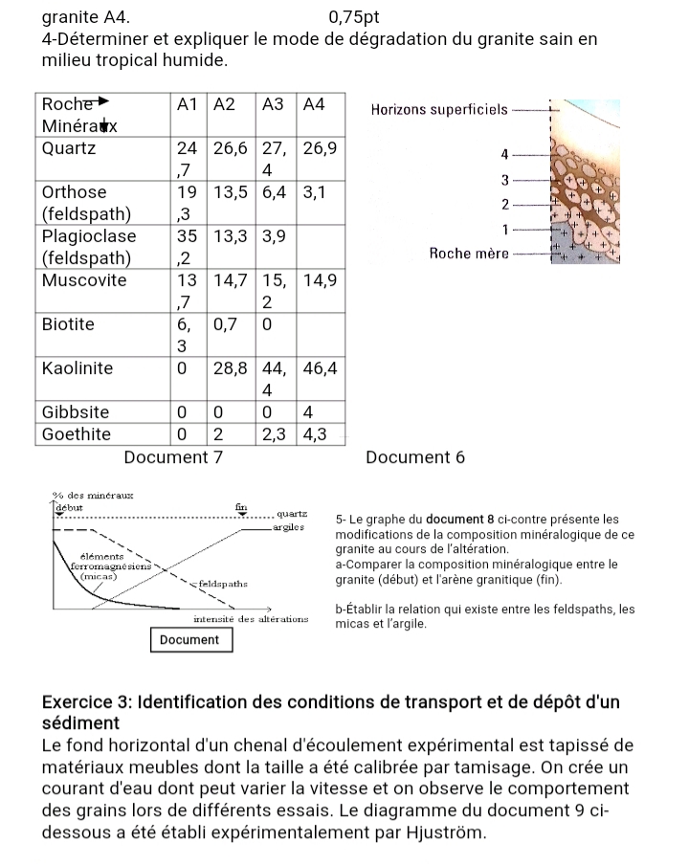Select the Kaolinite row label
78,367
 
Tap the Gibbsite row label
76,411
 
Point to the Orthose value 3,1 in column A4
316,191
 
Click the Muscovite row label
84,279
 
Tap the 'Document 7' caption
173,457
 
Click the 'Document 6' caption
415,457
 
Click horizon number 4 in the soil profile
504,153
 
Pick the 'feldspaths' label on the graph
224,582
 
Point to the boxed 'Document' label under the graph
189,639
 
